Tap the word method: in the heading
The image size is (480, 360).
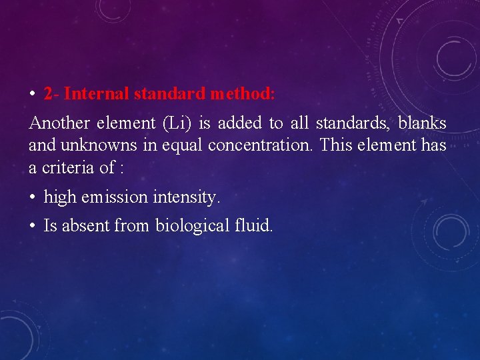click(242, 94)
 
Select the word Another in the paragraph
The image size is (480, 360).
click(59, 123)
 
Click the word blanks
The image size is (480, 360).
click(422, 123)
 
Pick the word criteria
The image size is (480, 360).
click(69, 167)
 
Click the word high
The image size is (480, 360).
click(59, 197)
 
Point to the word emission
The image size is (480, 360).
click(113, 197)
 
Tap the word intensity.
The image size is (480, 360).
click(186, 197)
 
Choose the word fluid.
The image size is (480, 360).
click(254, 226)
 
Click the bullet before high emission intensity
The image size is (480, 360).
click(33, 198)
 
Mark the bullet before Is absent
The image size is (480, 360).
click(33, 227)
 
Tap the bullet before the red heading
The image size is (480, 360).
click(33, 95)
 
